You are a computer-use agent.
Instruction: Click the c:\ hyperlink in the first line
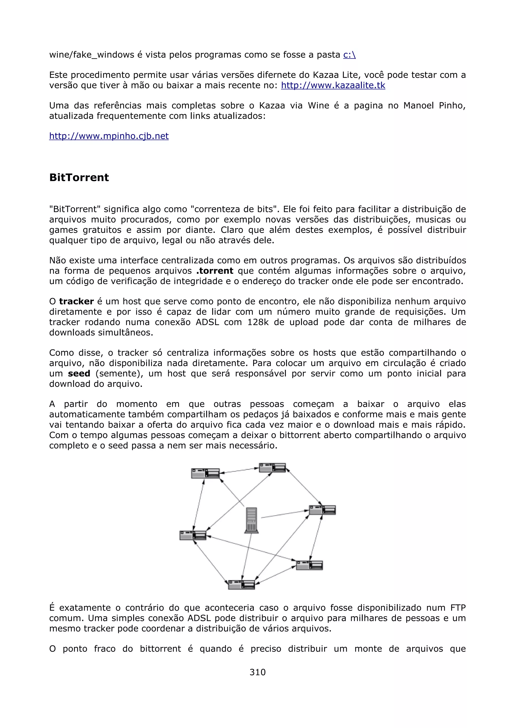pyautogui.click(x=349, y=55)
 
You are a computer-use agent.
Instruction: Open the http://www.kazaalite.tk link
pyautogui.click(x=333, y=85)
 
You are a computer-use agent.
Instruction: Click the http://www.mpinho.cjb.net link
pyautogui.click(x=109, y=136)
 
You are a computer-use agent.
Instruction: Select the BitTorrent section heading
pyautogui.click(x=79, y=178)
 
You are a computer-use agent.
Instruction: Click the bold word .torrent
pyautogui.click(x=215, y=271)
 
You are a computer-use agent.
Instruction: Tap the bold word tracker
pyautogui.click(x=76, y=301)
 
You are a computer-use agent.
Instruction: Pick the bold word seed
pyautogui.click(x=79, y=374)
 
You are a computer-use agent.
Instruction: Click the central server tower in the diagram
pyautogui.click(x=251, y=520)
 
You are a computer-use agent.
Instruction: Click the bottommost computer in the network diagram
pyautogui.click(x=241, y=584)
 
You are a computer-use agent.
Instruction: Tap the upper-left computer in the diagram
pyautogui.click(x=205, y=473)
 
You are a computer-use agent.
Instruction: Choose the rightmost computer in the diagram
pyautogui.click(x=322, y=510)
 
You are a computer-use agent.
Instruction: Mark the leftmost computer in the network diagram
pyautogui.click(x=193, y=535)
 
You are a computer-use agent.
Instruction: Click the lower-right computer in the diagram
pyautogui.click(x=309, y=565)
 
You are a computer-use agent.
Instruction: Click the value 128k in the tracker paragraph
pyautogui.click(x=258, y=322)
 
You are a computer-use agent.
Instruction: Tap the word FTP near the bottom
pyautogui.click(x=458, y=608)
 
